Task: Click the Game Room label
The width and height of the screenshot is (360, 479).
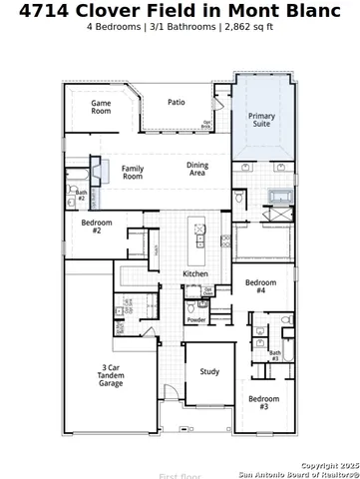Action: click(101, 108)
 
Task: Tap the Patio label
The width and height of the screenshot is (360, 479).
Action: click(176, 102)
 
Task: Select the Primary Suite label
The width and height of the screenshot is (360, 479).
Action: click(261, 121)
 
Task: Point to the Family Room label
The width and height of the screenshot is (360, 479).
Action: click(133, 173)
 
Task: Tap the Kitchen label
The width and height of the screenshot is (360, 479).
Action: click(195, 274)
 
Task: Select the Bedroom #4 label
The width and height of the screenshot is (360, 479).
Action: click(260, 285)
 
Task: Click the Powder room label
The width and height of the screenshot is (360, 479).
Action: click(196, 320)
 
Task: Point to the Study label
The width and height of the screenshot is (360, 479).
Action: click(209, 372)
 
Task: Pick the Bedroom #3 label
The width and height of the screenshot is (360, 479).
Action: click(264, 403)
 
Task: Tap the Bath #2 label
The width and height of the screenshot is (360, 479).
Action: click(82, 196)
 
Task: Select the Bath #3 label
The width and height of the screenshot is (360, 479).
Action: click(274, 354)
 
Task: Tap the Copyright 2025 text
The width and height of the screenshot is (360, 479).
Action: click(328, 465)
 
